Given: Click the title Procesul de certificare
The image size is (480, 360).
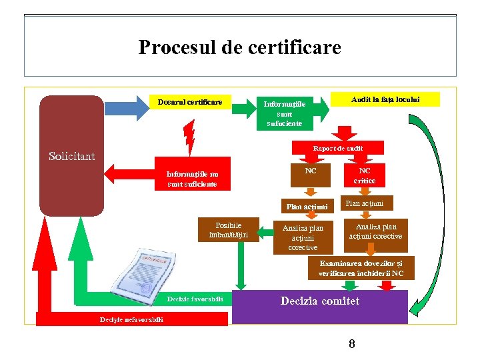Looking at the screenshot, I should coord(239,48).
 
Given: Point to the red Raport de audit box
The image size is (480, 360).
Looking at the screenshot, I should coord(338,149).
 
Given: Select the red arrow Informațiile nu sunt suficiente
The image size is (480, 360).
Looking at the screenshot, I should coord(187,179).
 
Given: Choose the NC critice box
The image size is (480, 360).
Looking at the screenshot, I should coord(365,175).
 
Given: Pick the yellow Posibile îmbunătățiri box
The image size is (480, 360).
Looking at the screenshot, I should coord(228,229).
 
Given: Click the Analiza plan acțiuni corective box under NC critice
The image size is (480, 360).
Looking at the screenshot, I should coord(375,231).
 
